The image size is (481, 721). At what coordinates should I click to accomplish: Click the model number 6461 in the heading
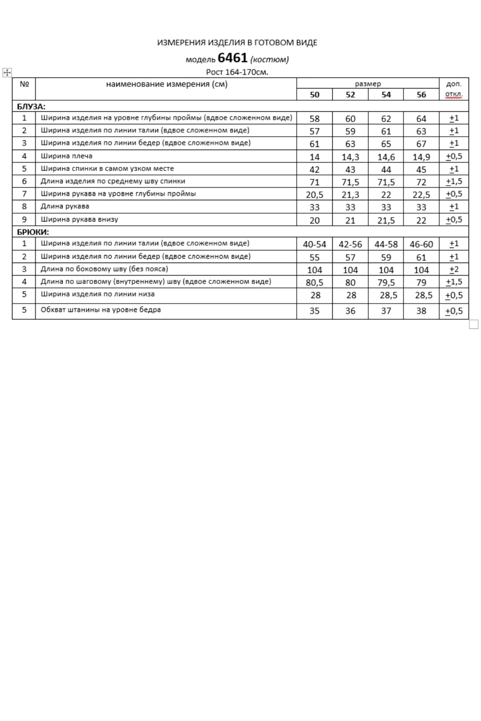pos(232,58)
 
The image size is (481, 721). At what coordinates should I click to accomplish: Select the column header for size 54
pos(386,95)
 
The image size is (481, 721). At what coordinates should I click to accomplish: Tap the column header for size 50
pos(314,95)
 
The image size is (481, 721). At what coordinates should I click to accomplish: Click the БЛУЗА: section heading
pos(31,106)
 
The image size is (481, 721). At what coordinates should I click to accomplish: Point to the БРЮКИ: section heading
pos(33,232)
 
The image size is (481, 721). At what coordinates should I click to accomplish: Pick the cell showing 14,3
pos(350,157)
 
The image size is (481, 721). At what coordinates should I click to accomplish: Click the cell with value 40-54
pos(314,244)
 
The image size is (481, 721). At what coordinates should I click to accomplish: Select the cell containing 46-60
pos(421,244)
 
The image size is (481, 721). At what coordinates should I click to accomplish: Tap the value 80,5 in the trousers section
pos(314,283)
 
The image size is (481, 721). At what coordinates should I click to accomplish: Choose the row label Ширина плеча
pos(66,156)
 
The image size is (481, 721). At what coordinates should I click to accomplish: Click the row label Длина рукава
pos(65,207)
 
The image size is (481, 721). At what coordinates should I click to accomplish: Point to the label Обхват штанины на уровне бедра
pos(101,310)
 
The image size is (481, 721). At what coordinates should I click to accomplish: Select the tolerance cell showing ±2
pos(454,270)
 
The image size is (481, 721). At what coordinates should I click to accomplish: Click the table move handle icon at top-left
pos(7,72)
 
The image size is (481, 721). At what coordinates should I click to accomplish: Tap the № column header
pos(24,84)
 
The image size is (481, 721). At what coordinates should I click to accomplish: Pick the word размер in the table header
pos(368,84)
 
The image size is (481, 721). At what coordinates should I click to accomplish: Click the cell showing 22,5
pos(421,195)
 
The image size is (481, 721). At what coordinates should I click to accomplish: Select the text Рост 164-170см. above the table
pos(237,72)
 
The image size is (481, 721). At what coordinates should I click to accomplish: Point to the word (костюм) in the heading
pos(270,59)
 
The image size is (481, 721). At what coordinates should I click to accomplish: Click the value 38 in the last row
pos(421,311)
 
